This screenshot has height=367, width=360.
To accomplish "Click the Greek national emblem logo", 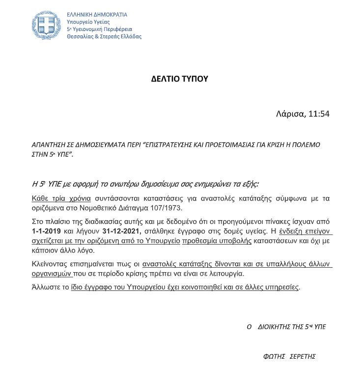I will [x=47, y=26].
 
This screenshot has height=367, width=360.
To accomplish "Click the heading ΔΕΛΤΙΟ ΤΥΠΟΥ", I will [x=180, y=79].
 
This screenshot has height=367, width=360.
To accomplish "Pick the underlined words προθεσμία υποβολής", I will [x=217, y=241].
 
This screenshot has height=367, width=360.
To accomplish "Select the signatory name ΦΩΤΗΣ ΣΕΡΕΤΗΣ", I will [x=290, y=356].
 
